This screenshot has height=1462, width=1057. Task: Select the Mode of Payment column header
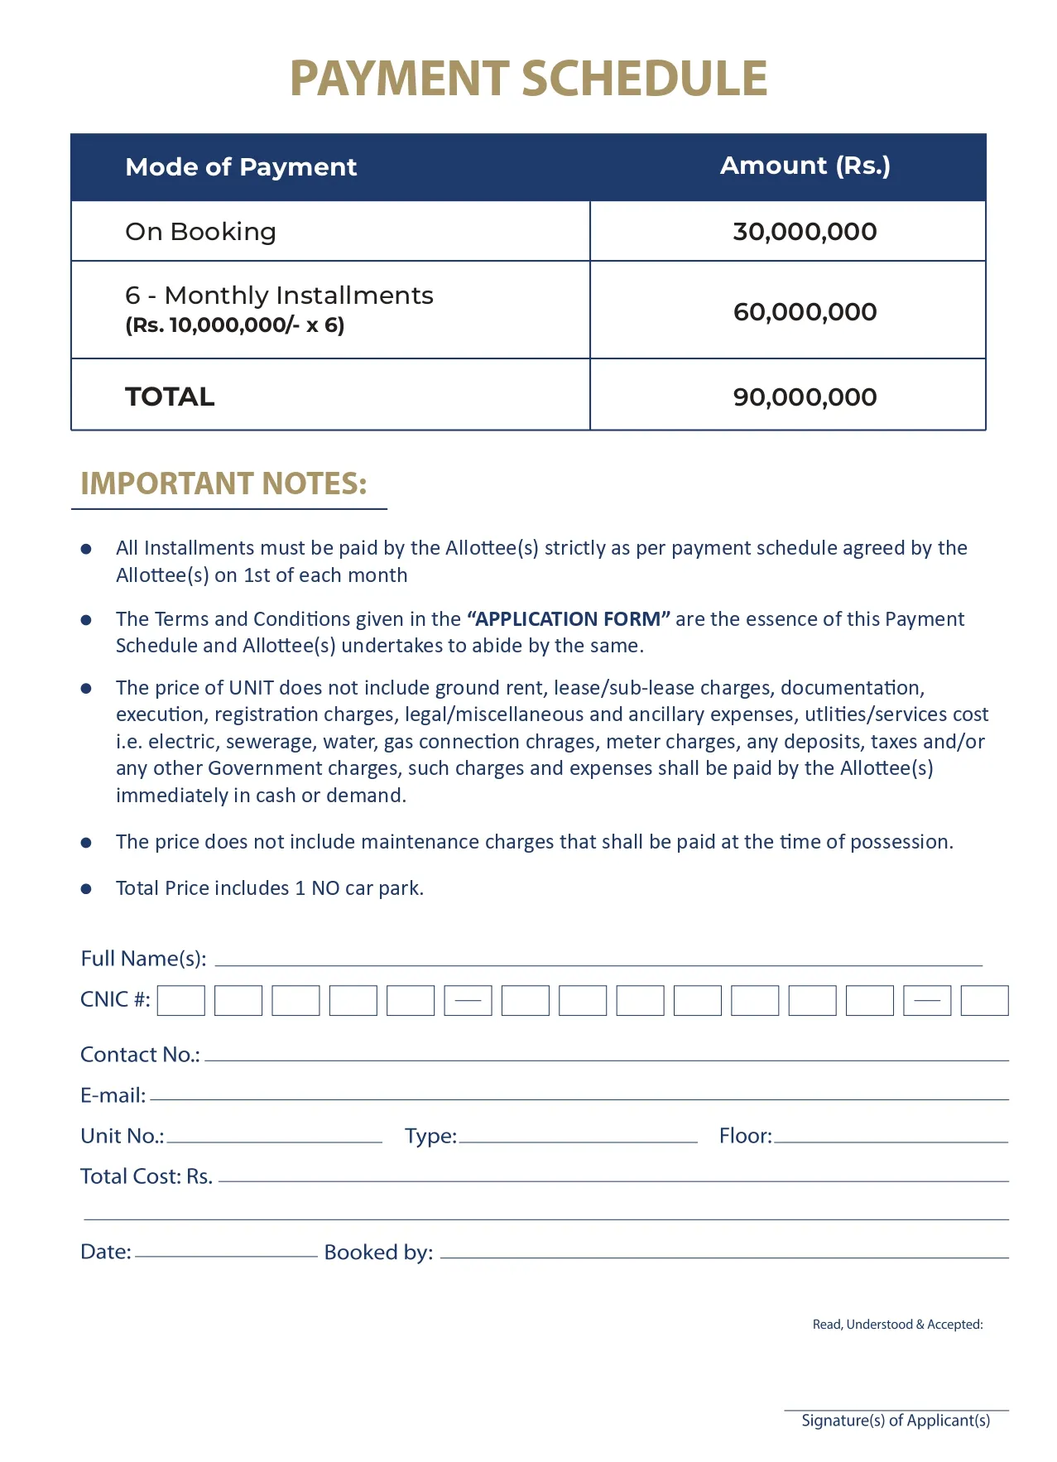(x=241, y=167)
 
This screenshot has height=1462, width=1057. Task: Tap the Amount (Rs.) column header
(x=805, y=166)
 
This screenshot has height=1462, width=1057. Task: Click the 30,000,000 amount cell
(x=805, y=232)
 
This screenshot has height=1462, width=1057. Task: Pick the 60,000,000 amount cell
(x=805, y=312)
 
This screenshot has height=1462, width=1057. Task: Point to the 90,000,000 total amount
(x=805, y=397)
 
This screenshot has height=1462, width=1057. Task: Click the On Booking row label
(x=200, y=232)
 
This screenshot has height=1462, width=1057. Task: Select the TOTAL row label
(x=170, y=397)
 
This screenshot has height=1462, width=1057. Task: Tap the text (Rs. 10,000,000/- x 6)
(x=234, y=325)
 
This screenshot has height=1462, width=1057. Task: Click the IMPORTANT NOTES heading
(x=223, y=484)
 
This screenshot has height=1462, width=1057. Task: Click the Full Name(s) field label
(x=143, y=959)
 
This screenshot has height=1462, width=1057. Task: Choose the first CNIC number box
(x=181, y=1001)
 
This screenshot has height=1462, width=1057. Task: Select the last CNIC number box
(x=984, y=1001)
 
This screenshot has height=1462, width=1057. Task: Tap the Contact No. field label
(x=140, y=1055)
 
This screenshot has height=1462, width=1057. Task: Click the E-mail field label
(x=113, y=1095)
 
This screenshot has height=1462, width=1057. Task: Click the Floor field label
(x=745, y=1136)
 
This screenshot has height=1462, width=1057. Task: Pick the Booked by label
(x=378, y=1253)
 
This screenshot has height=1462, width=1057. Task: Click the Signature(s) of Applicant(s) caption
(x=896, y=1421)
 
